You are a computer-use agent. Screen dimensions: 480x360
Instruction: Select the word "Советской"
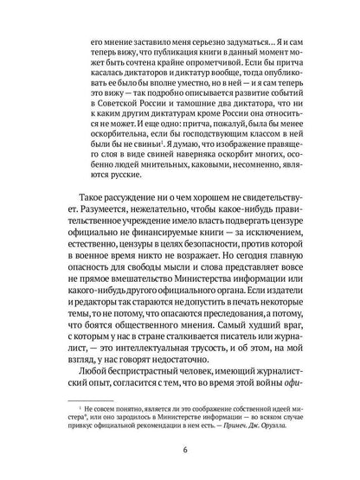[x=132, y=127]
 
